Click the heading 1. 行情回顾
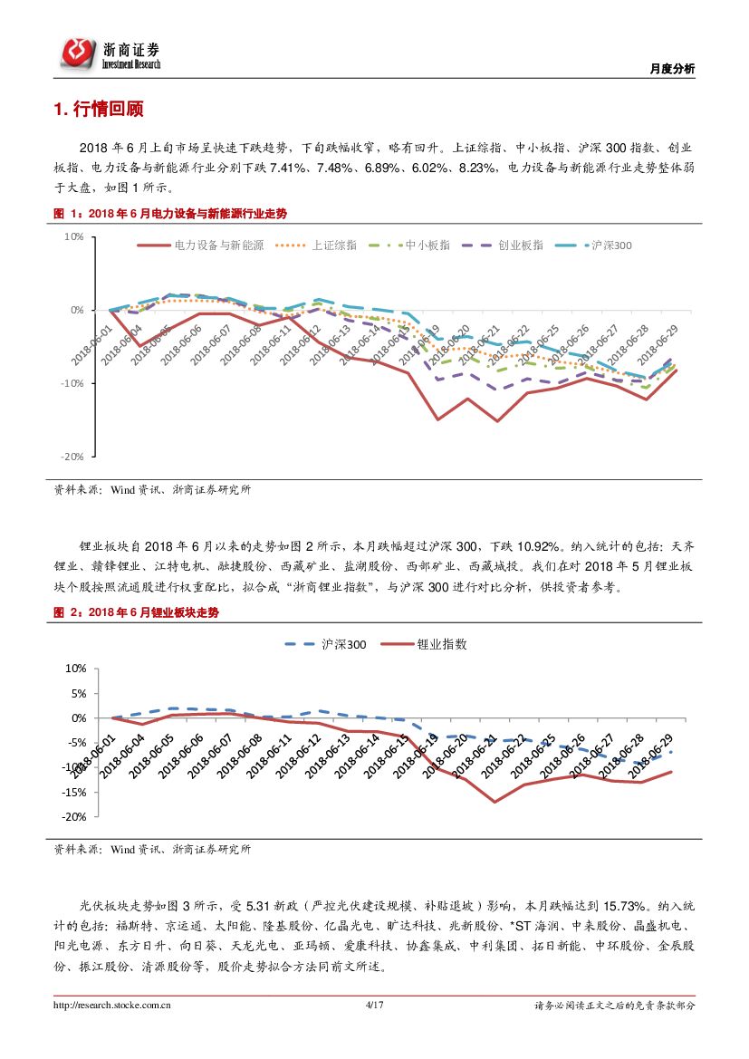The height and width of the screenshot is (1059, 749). click(98, 111)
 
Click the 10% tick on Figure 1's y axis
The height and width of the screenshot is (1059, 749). click(73, 236)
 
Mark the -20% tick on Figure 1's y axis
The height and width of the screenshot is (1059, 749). click(72, 457)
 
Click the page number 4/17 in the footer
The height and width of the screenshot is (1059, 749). click(374, 1005)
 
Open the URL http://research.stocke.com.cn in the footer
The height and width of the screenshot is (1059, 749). click(113, 1005)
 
